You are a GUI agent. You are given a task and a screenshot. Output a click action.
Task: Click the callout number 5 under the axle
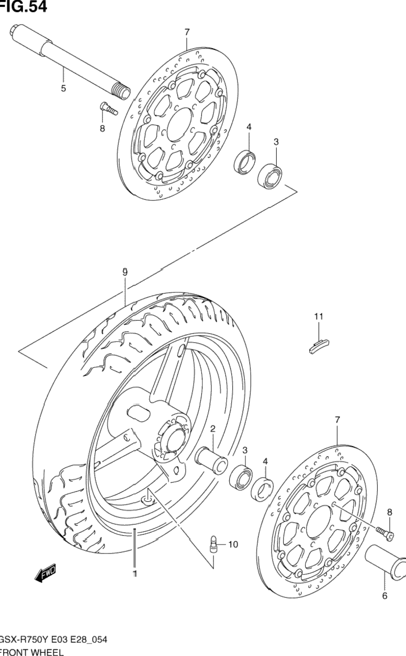coord(63,88)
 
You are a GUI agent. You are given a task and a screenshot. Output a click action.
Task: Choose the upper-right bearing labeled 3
coord(271,175)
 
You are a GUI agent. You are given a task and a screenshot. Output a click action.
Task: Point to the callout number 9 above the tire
coord(125,272)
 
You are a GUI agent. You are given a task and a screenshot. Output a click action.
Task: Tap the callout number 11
coord(319,316)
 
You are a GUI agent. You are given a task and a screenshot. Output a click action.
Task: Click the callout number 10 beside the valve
coord(232,545)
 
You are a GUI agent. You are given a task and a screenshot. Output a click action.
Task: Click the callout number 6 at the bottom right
coord(385,596)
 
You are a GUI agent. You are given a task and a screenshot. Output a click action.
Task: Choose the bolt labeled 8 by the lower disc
coord(386,532)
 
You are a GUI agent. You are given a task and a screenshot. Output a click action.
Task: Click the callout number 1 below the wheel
coord(134,574)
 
